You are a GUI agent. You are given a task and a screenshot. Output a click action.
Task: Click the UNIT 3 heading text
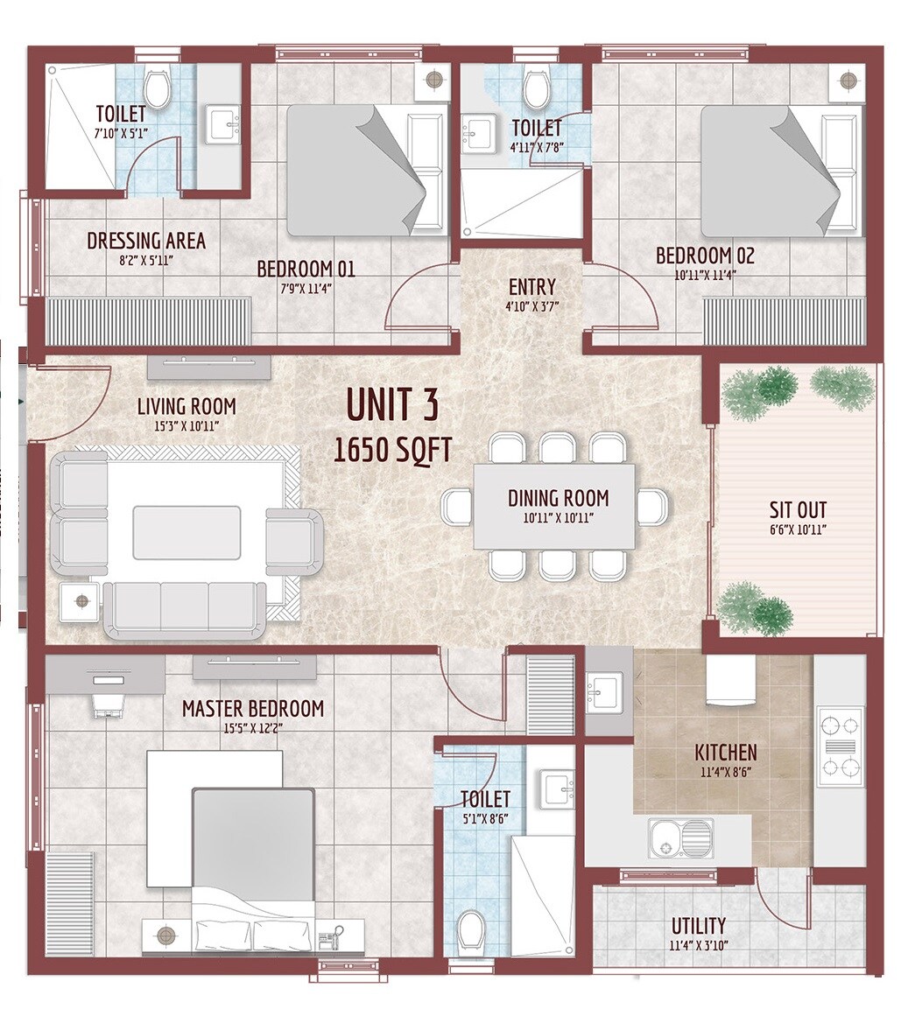[391, 405]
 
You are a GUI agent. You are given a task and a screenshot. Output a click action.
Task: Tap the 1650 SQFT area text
[393, 450]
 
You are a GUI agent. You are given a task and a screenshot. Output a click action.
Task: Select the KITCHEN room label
[725, 752]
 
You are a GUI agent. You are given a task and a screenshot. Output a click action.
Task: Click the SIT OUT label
[798, 510]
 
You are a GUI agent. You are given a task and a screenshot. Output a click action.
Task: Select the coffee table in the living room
[187, 532]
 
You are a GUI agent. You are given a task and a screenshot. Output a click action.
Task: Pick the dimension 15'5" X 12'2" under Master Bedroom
[252, 727]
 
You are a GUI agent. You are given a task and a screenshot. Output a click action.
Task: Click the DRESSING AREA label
[146, 241]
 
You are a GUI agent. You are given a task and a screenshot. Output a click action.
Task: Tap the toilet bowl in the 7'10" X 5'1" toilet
[158, 88]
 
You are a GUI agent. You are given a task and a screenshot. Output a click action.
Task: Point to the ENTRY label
[531, 287]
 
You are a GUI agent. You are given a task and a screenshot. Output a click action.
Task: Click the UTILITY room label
[698, 925]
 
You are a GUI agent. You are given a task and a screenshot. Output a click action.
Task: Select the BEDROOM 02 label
[705, 256]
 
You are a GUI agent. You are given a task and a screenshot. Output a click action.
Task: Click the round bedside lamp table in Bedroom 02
[846, 81]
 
